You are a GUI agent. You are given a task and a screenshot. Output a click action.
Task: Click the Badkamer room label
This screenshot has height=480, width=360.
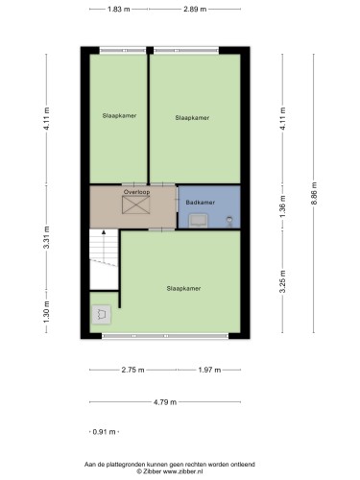[x=201, y=203]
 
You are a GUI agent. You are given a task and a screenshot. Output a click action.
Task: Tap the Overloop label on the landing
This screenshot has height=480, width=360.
[x=136, y=192]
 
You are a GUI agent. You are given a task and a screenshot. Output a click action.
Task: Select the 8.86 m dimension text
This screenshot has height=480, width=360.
[x=314, y=194]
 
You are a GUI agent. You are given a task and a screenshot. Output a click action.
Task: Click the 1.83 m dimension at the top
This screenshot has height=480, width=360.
[x=119, y=10]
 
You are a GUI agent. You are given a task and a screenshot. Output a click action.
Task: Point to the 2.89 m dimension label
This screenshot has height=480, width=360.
[x=195, y=10]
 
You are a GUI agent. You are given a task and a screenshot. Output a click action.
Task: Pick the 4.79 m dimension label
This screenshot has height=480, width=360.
[x=165, y=402]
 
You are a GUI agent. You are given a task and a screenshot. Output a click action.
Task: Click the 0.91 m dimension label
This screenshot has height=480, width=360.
[x=104, y=432]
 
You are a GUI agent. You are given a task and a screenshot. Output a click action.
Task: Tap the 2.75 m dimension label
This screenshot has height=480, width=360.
[x=132, y=370]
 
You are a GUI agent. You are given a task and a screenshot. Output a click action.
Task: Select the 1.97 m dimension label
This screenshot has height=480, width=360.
[x=209, y=370]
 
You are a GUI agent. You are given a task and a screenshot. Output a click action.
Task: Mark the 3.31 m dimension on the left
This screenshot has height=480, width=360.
[x=47, y=237]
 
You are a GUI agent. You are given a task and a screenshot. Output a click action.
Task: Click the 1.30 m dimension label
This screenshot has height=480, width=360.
[x=47, y=312]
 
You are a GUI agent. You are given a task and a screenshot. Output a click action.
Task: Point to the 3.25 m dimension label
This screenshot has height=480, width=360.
[x=282, y=281]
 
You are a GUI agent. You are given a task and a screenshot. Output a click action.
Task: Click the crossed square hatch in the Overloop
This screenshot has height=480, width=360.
[x=136, y=204]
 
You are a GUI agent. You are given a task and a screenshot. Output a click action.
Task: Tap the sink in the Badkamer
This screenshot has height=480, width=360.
[x=198, y=221]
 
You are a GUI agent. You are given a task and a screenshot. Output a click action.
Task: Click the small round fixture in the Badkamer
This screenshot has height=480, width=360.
[x=229, y=221]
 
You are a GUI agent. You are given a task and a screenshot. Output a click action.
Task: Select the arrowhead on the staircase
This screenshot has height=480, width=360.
[x=104, y=232]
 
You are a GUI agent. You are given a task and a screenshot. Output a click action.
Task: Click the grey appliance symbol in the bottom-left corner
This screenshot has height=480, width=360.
[x=102, y=315]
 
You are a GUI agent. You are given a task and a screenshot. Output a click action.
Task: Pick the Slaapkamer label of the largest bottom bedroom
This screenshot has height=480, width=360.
[x=183, y=288]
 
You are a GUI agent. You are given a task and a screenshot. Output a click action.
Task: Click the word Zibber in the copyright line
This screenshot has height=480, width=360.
[x=152, y=471]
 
